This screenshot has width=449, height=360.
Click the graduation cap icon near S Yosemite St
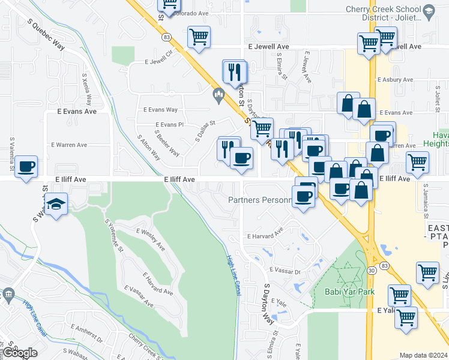click(x=56, y=205)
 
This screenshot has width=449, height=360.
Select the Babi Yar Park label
click(x=349, y=292)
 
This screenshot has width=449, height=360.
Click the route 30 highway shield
click(x=372, y=272)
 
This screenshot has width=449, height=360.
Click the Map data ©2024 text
click(x=423, y=355)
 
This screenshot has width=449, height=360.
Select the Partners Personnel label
click(x=259, y=199)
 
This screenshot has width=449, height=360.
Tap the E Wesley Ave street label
click(x=150, y=239)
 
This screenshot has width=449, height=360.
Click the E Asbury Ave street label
click(x=394, y=79)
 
